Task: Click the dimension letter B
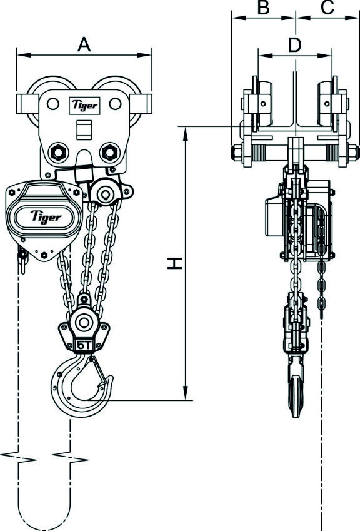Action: click(263, 8)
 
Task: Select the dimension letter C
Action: click(327, 8)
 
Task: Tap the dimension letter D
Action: click(295, 44)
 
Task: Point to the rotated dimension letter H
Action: click(177, 265)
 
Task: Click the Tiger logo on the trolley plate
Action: click(84, 105)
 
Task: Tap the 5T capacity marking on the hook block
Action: click(83, 345)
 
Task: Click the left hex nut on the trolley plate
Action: click(57, 151)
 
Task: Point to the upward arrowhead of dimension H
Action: click(186, 131)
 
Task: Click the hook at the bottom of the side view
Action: click(295, 394)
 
